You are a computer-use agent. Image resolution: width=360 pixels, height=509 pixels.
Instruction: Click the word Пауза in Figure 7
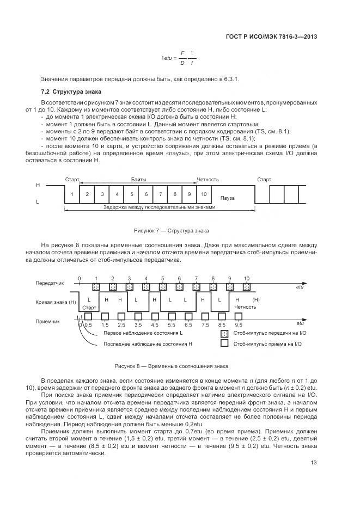pos(228,198)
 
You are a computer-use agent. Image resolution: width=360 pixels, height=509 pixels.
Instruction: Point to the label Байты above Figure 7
pos(138,179)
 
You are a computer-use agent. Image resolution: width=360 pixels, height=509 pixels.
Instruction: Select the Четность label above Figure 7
pos(208,179)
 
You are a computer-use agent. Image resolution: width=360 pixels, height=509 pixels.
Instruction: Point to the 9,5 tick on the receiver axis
pos(238,325)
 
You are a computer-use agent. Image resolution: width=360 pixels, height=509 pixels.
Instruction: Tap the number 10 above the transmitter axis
pos(247,278)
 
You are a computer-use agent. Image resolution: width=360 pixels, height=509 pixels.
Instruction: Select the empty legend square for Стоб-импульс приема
pos(223,344)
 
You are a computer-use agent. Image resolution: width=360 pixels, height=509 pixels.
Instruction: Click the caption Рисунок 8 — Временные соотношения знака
pos(171,366)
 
